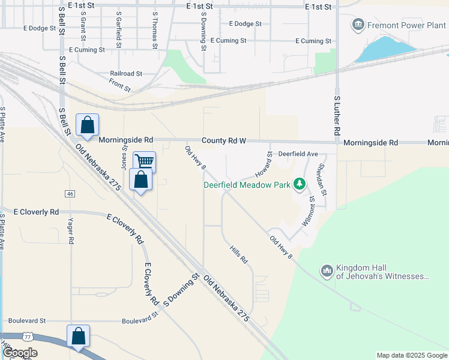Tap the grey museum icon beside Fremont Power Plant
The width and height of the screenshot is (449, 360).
(358, 25)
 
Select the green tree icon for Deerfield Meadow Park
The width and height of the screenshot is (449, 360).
(299, 185)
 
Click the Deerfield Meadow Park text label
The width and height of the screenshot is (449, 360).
(246, 185)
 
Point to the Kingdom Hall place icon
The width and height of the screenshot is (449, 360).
(327, 272)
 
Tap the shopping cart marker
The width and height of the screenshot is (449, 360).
(144, 162)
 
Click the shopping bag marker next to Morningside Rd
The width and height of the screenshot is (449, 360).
(88, 125)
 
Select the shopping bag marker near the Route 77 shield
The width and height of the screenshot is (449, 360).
(79, 336)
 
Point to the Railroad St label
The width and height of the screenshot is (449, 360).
(125, 74)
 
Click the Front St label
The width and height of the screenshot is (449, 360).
(120, 87)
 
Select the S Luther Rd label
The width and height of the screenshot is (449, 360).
(337, 115)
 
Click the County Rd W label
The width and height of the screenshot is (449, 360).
(224, 140)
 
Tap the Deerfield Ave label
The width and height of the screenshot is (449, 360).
(298, 154)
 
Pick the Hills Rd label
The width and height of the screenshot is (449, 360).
(239, 253)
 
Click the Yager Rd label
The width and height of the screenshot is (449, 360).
(71, 231)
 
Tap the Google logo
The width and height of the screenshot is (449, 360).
(19, 353)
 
